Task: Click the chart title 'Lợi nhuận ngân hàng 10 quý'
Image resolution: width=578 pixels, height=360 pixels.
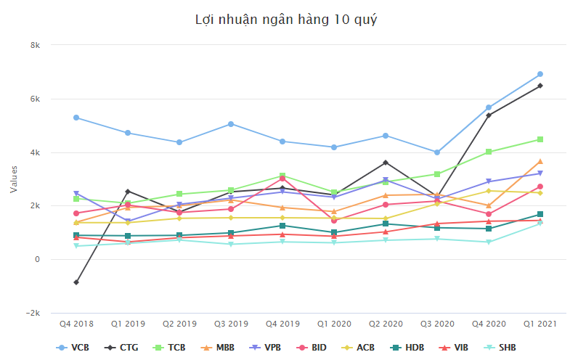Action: pyautogui.click(x=286, y=20)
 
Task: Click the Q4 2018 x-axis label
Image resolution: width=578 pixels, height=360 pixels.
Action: pyautogui.click(x=76, y=323)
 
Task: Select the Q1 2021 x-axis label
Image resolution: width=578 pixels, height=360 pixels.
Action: pyautogui.click(x=540, y=323)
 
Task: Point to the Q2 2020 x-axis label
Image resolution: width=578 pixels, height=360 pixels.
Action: pyautogui.click(x=386, y=323)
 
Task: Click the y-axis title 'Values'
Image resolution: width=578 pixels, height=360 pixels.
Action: pyautogui.click(x=14, y=179)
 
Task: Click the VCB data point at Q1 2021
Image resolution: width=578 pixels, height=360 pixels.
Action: pyautogui.click(x=540, y=74)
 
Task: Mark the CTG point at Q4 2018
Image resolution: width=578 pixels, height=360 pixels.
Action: pyautogui.click(x=76, y=282)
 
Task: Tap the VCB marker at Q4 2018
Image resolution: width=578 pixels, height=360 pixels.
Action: pyautogui.click(x=76, y=118)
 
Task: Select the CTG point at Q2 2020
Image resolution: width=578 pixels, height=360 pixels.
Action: pyautogui.click(x=386, y=163)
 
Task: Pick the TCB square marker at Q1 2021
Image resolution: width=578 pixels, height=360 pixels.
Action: pyautogui.click(x=540, y=139)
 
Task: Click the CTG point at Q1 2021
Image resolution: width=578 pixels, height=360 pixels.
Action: pyautogui.click(x=540, y=86)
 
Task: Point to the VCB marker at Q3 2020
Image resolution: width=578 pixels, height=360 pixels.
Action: pyautogui.click(x=437, y=152)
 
